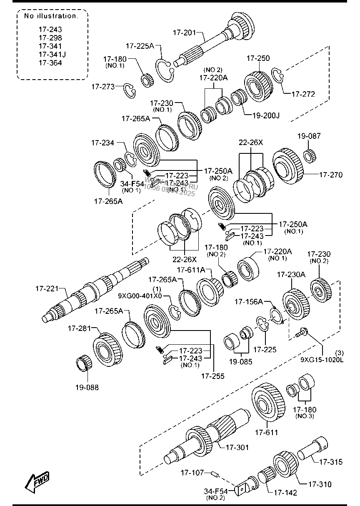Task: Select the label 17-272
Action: (x=303, y=94)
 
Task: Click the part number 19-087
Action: (x=309, y=136)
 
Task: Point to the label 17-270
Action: (x=331, y=175)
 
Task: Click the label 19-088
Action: (x=87, y=387)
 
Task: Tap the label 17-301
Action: (x=237, y=448)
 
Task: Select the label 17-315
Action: (x=331, y=462)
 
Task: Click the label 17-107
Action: (x=192, y=473)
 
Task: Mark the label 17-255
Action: (x=212, y=376)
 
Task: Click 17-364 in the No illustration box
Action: (x=50, y=63)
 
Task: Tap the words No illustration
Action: (x=51, y=16)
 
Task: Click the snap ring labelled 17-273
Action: (x=130, y=91)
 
